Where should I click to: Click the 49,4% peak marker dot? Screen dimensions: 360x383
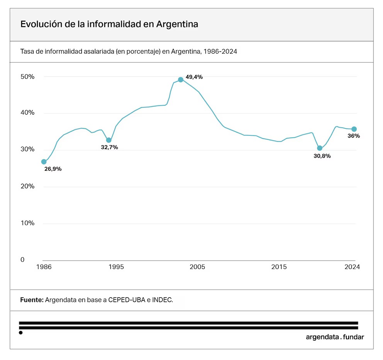click(180, 79)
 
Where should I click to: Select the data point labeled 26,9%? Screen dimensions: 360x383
click(44, 162)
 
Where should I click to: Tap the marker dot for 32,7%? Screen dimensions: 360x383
click(109, 140)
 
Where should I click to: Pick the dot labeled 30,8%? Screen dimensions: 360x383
click(320, 148)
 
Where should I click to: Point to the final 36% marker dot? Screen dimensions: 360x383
click(354, 129)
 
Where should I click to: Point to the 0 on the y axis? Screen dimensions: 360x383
click(22, 260)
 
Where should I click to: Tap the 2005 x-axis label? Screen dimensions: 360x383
click(197, 267)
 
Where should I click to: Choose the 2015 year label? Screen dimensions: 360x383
click(279, 267)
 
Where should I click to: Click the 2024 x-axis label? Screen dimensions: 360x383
click(352, 267)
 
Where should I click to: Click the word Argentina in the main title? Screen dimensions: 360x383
click(177, 24)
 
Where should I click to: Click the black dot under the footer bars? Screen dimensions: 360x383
click(20, 333)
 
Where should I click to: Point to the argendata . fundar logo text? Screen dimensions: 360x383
click(335, 337)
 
